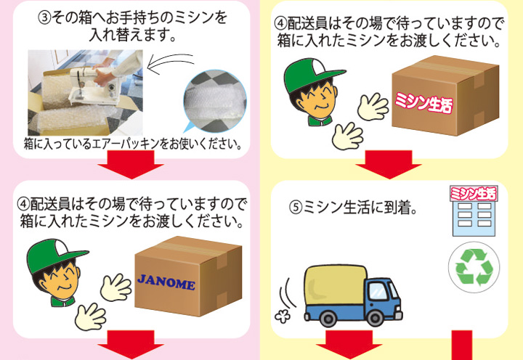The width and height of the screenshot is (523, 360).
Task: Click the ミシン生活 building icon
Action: pos(474,211)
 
